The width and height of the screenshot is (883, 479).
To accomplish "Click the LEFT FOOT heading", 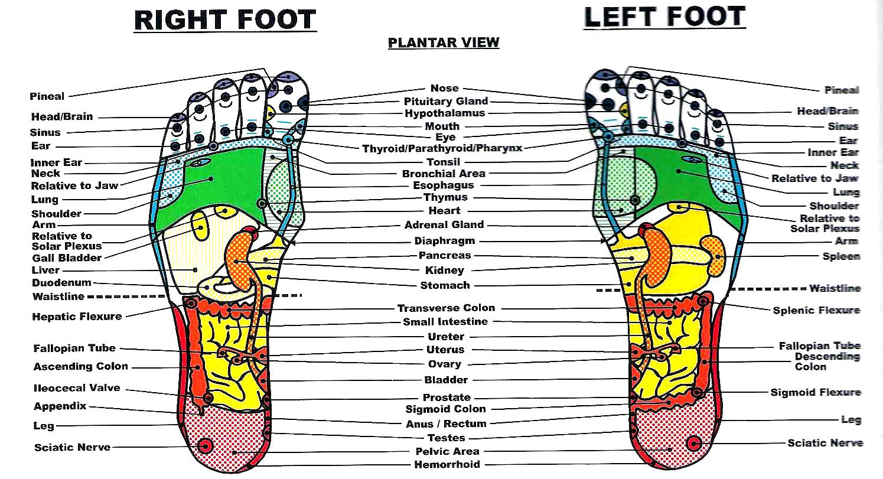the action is click(x=664, y=17).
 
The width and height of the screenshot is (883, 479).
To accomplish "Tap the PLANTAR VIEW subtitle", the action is click(x=444, y=43).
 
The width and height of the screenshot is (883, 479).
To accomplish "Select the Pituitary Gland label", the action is click(x=446, y=102).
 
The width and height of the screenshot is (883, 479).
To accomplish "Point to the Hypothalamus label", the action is click(x=445, y=113).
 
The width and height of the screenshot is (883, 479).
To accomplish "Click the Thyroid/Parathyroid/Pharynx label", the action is click(x=442, y=149).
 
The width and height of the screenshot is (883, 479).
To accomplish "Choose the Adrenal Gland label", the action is click(x=444, y=224).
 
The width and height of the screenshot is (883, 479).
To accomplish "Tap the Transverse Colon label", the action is click(x=446, y=308).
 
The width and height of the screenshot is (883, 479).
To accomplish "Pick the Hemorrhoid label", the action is click(x=447, y=464).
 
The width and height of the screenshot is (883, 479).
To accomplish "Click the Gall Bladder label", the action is click(x=67, y=258).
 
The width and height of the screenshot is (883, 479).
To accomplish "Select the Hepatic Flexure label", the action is click(x=77, y=317).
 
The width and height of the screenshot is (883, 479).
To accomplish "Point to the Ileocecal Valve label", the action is click(x=77, y=388).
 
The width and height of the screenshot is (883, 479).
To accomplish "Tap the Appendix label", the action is click(x=60, y=406).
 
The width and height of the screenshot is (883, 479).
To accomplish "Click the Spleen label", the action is click(x=841, y=256).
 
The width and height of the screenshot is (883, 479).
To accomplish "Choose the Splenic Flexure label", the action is click(x=816, y=310).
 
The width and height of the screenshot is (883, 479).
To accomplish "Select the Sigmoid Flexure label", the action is click(x=816, y=392).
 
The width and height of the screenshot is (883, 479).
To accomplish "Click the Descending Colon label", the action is click(x=827, y=361).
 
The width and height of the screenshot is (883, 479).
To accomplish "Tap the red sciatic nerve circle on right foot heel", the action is click(x=206, y=447).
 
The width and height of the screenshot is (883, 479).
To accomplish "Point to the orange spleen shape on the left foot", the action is click(x=713, y=256).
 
